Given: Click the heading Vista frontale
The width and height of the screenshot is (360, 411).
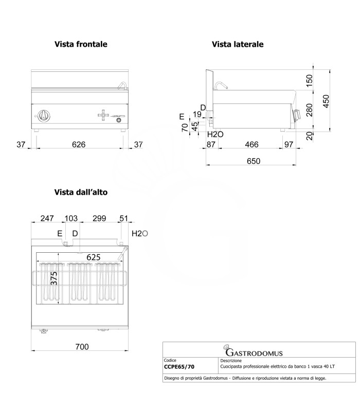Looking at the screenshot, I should coord(81,45).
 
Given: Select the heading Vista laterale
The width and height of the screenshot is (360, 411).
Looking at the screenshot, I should coord(238,45).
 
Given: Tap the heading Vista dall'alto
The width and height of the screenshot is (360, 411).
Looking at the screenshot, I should coord(81,192).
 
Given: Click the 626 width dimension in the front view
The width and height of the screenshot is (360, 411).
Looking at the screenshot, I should coord(78,145).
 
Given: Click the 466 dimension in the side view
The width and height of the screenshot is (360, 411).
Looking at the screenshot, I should coord(251,145).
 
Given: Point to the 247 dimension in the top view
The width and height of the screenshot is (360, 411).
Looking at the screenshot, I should coord(47,219).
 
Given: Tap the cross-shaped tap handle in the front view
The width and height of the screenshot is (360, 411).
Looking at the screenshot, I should coord(103,115).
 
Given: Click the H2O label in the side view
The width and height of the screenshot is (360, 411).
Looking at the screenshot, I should coord(215,135).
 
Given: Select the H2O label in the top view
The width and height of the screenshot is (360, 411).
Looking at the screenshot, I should coord(140,234).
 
